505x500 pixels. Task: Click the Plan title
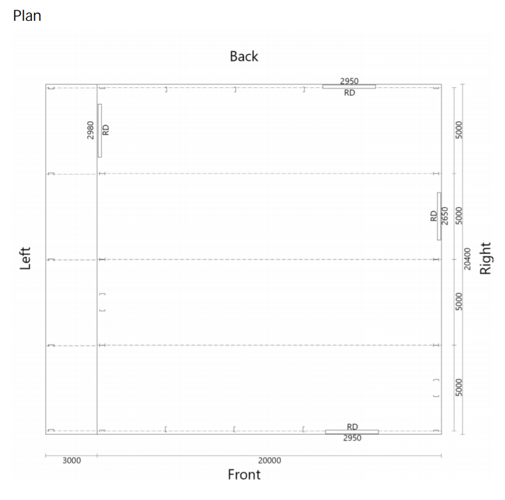(27, 16)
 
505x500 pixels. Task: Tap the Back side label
(243, 57)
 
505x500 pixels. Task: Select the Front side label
(244, 474)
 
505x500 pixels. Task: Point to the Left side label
(25, 258)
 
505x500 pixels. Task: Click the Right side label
(486, 258)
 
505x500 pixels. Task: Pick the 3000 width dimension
(71, 461)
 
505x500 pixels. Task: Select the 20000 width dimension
(270, 461)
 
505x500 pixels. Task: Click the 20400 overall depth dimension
(468, 259)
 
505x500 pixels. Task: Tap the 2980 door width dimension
(90, 130)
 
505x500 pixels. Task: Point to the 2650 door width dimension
(445, 216)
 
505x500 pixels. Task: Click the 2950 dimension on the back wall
(350, 81)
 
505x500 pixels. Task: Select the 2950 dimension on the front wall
(352, 438)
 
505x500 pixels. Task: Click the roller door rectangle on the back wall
(349, 87)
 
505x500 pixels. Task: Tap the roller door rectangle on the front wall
(352, 432)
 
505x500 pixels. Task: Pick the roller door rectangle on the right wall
(439, 216)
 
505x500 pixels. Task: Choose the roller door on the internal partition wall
(100, 131)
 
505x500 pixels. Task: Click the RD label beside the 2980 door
(105, 130)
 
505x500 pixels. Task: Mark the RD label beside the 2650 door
(434, 216)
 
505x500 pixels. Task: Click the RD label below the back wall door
(350, 93)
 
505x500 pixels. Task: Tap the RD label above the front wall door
(352, 427)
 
